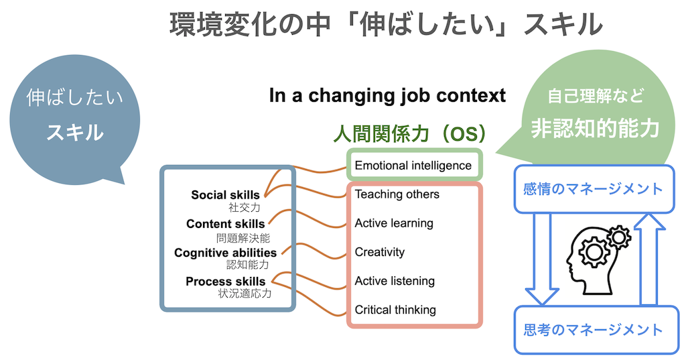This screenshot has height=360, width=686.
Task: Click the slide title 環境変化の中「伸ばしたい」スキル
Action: pos(386,24)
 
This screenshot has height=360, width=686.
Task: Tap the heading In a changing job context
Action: pos(387,95)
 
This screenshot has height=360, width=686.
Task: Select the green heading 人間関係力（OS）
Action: pos(410,133)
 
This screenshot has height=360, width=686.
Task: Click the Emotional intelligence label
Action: pos(413,166)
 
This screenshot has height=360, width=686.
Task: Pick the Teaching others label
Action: pos(397,194)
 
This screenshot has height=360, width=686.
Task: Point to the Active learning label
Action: pos(394,223)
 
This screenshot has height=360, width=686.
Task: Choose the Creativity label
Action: pos(380,252)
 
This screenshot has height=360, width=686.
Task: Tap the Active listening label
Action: pos(395,281)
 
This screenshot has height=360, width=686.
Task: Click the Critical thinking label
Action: pos(395,310)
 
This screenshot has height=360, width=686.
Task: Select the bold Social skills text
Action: pos(225,195)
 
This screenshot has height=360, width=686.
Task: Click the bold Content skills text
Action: pos(225,224)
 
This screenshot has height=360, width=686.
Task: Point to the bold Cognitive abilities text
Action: pos(225,253)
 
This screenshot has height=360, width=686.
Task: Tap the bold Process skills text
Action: pos(225,281)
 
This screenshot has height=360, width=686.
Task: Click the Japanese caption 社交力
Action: pos(244,207)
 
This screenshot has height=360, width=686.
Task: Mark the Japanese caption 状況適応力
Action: pos(245,294)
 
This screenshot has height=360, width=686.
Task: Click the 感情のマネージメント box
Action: pos(594,189)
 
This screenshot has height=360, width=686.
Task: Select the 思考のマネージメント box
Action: pos(596,330)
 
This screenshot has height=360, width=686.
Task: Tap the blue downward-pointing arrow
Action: pos(541,259)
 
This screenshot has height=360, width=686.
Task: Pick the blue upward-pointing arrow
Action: pos(649,259)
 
